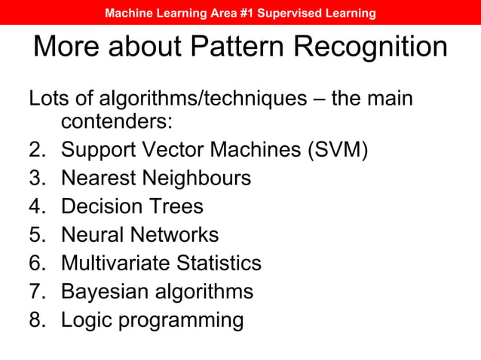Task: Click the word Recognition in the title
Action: coord(370,47)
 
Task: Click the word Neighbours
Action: coord(192,178)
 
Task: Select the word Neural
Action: coord(93,235)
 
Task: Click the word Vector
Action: coord(176,150)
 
